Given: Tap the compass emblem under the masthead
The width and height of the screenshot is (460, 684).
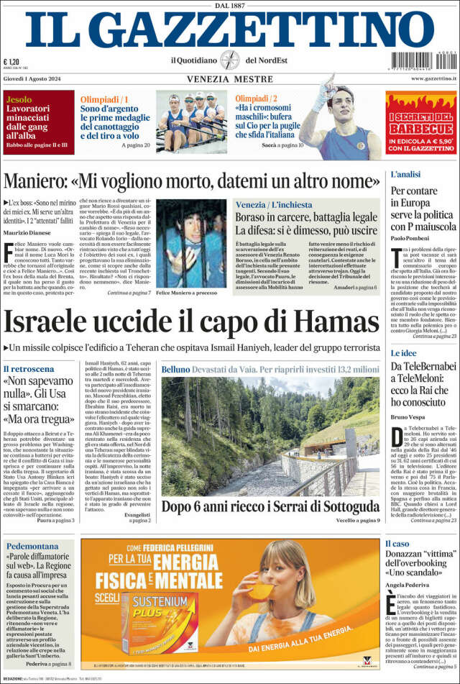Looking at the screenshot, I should [229, 60].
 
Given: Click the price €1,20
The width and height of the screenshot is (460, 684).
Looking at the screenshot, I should [11, 62].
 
